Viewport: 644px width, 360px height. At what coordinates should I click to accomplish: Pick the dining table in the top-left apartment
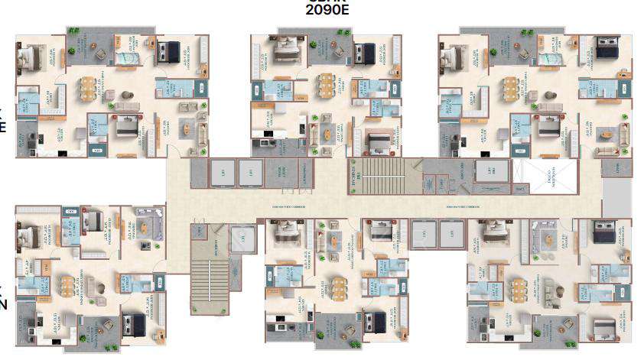coord(90,88)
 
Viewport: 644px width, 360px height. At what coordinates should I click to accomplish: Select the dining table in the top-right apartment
coord(510,88)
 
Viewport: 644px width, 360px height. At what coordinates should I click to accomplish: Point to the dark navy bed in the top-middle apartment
coord(363,53)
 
